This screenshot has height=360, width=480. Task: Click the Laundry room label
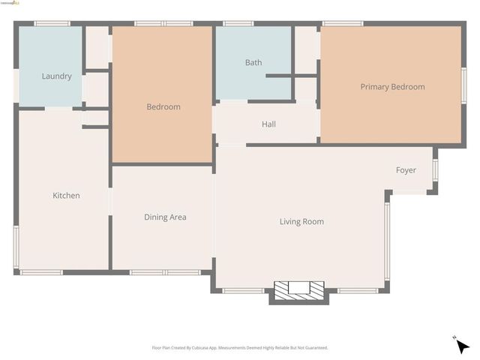[x=57, y=76]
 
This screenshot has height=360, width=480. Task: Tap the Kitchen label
[x=66, y=196]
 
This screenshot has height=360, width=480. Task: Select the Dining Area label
[x=165, y=217]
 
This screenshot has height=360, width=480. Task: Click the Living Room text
[x=301, y=221]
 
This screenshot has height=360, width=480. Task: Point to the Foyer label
[x=406, y=170]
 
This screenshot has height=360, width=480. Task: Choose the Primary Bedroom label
[x=392, y=87]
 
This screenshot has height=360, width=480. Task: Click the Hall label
[x=268, y=124]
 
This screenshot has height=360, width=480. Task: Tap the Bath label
[x=253, y=62]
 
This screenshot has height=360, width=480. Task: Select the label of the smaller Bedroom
[x=163, y=107]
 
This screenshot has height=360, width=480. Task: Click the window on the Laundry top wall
[x=52, y=24]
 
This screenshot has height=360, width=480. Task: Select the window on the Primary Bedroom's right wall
[x=463, y=85]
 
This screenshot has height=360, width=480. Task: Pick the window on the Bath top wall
[x=238, y=24]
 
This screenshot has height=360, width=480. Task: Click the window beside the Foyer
[x=434, y=169]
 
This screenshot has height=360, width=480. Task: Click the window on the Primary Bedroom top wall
[x=343, y=24]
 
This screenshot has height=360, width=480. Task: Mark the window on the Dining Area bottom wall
[x=165, y=272]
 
